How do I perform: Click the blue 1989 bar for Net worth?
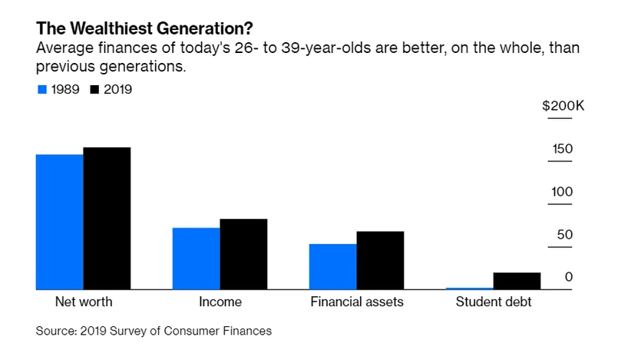[x=59, y=222]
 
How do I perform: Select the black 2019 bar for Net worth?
[x=107, y=218]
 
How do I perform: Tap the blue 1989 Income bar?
[x=196, y=259]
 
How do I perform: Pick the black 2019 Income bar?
[x=243, y=254]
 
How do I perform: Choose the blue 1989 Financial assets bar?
[x=332, y=266]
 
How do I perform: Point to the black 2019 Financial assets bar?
[x=380, y=260]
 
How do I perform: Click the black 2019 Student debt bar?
[x=517, y=281]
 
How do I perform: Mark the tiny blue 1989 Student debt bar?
[x=469, y=288]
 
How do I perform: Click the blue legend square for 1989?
[x=42, y=90]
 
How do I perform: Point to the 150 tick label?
[x=563, y=148]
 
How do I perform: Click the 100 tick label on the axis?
[x=563, y=191]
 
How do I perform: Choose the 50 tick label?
[x=566, y=234]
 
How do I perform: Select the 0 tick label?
[x=569, y=276]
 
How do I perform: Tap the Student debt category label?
[x=493, y=302]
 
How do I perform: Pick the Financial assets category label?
[x=356, y=302]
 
